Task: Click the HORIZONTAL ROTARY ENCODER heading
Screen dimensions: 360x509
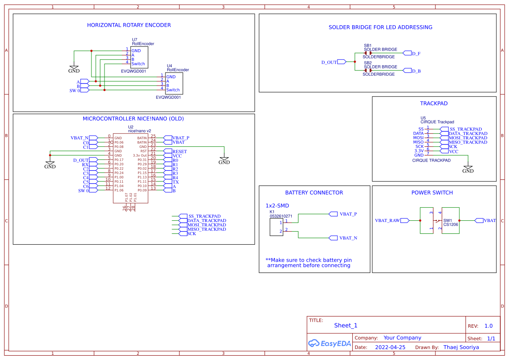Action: point(129,25)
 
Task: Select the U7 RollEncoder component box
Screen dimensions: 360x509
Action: point(139,57)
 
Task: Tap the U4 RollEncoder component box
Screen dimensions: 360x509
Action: point(174,83)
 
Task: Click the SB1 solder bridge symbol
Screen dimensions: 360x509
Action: point(368,53)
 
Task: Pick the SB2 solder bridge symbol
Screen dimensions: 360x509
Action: point(368,71)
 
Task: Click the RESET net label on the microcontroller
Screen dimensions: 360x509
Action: point(179,151)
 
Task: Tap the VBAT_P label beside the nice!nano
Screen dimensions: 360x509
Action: point(180,138)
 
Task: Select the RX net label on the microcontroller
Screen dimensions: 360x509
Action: point(85,165)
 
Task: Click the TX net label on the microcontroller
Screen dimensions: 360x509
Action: point(175,182)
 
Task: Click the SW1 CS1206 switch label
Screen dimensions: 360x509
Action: point(450,223)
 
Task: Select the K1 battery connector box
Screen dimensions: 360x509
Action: point(276,227)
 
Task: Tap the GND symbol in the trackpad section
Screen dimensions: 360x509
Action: point(468,169)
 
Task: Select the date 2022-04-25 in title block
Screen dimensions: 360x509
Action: point(390,347)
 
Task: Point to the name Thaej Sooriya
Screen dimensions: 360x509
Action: point(461,347)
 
